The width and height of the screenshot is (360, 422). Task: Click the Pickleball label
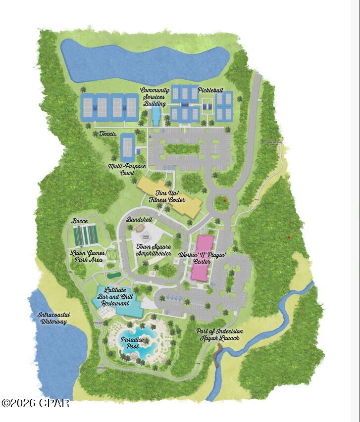point(210,91)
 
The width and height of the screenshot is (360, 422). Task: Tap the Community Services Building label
point(154,97)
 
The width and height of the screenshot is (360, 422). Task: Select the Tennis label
point(107,134)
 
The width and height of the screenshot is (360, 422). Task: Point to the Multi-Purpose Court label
point(122,170)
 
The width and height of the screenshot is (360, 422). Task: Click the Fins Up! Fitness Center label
point(167,196)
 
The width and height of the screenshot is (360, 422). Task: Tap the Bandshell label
point(139,219)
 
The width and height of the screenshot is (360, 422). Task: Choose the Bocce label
point(80,221)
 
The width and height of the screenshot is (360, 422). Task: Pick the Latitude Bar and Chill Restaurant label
point(115,296)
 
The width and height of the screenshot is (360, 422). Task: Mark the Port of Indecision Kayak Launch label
point(219,334)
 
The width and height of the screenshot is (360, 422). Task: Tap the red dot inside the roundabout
point(225,200)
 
